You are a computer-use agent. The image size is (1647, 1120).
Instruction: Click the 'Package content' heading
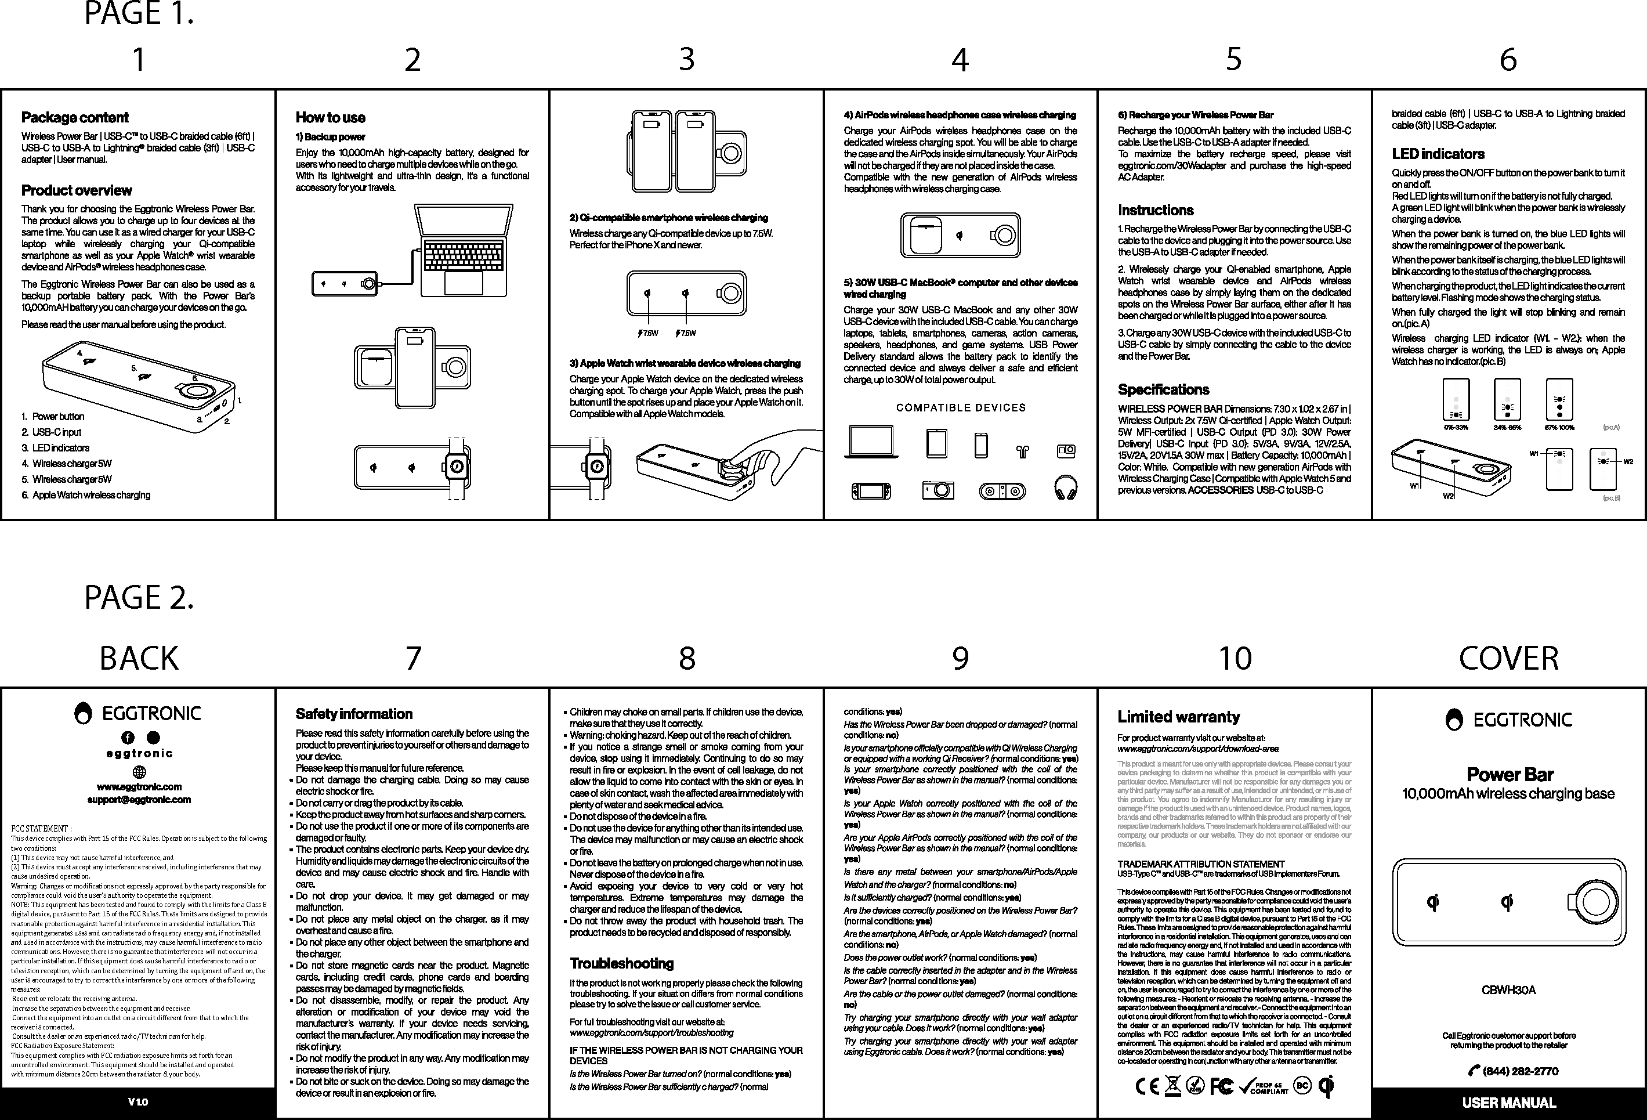pyautogui.click(x=74, y=118)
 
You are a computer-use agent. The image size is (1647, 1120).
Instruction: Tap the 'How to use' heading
pyautogui.click(x=330, y=118)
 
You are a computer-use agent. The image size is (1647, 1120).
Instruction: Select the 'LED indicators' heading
pyautogui.click(x=1438, y=154)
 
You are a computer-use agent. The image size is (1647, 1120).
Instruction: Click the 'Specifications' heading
pyautogui.click(x=1163, y=389)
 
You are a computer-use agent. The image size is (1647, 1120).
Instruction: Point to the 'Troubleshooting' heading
pyautogui.click(x=621, y=963)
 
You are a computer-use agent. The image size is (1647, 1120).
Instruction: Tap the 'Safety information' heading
pyautogui.click(x=354, y=714)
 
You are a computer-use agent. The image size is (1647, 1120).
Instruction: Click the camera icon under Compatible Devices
pyautogui.click(x=937, y=490)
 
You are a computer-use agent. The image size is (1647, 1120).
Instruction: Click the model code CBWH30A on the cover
pyautogui.click(x=1509, y=989)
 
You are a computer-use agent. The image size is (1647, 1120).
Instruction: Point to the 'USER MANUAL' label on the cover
pyautogui.click(x=1509, y=1103)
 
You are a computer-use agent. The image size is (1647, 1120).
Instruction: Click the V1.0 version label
pyautogui.click(x=138, y=1102)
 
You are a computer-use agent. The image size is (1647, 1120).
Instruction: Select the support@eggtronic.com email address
pyautogui.click(x=139, y=800)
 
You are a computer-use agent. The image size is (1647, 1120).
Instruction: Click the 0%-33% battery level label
pyautogui.click(x=1456, y=428)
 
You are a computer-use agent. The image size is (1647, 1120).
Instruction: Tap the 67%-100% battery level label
pyautogui.click(x=1559, y=428)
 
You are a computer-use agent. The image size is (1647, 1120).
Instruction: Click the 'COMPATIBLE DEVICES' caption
pyautogui.click(x=960, y=407)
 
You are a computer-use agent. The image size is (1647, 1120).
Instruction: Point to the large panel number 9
pyautogui.click(x=960, y=659)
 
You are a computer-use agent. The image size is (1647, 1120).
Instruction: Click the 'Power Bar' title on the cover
pyautogui.click(x=1509, y=774)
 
